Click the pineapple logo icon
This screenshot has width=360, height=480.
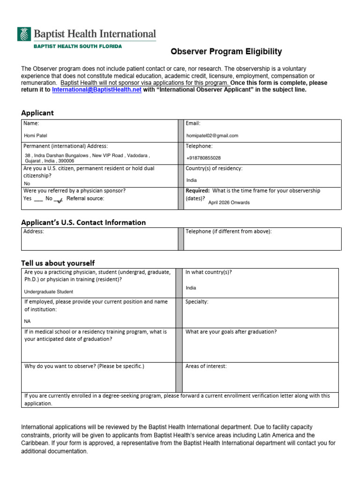(24, 34)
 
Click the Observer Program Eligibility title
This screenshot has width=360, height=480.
(226, 52)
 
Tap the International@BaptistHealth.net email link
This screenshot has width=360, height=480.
(97, 90)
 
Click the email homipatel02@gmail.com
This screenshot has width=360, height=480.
(212, 135)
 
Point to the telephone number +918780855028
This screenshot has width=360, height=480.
(203, 158)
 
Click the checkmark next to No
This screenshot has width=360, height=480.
(59, 200)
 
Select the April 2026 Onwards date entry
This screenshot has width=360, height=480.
(229, 202)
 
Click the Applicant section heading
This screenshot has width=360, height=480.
(37, 112)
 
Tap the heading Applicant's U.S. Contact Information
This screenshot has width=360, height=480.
(83, 222)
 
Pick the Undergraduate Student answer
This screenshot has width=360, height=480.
(49, 292)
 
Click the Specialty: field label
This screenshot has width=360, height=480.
(197, 302)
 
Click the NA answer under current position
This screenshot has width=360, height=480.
(27, 322)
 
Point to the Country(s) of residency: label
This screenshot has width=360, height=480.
(214, 168)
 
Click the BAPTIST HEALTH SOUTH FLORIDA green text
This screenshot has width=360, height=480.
(77, 46)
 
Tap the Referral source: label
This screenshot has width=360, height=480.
(85, 198)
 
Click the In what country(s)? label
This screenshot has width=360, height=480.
(209, 272)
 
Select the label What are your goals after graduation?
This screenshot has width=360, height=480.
(231, 332)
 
